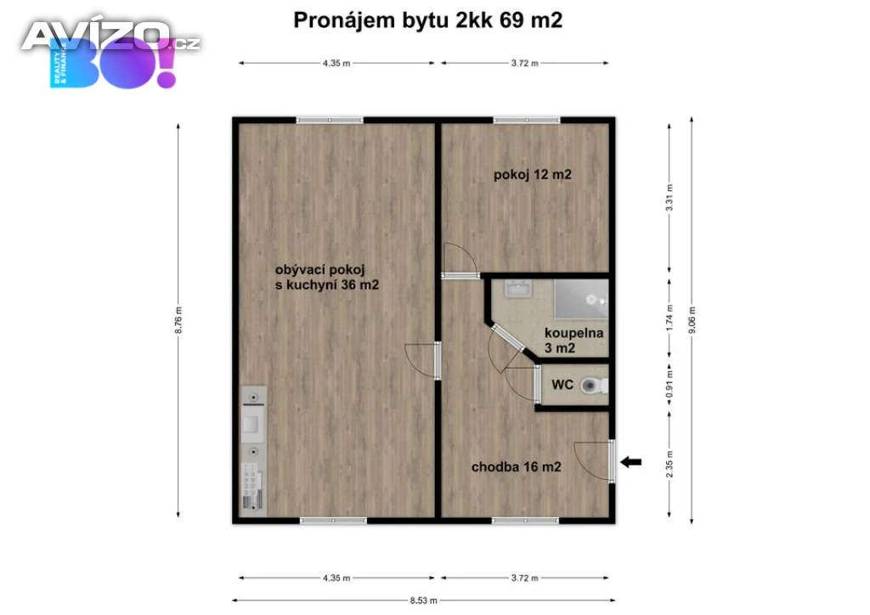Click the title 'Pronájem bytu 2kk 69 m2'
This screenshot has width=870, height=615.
(428, 20)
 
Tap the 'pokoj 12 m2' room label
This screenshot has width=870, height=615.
(532, 175)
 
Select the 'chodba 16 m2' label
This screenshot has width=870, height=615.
(516, 467)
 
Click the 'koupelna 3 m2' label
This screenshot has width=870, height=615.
(573, 341)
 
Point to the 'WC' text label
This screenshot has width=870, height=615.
(562, 384)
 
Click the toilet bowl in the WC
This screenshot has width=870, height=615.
(593, 386)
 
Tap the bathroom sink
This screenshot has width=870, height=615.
(518, 288)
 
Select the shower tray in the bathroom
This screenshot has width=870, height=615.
(581, 300)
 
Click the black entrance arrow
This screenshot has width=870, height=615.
(630, 461)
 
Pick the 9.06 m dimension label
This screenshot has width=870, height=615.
(692, 320)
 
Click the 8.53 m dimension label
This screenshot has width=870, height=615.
(423, 600)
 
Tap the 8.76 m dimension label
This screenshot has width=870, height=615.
(178, 320)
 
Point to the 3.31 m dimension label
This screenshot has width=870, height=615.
(669, 197)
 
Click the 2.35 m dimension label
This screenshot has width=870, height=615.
(669, 465)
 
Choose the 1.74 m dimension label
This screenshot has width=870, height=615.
(669, 318)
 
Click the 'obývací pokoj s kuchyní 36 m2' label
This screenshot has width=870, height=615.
(327, 277)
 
